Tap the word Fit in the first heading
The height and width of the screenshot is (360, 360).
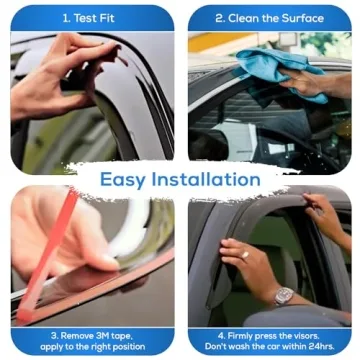click(110, 17)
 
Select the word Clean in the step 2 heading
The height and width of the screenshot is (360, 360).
click(243, 17)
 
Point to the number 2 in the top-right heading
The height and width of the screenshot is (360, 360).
click(219, 17)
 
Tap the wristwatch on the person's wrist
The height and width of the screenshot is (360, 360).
click(283, 296)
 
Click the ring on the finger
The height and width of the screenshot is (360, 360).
click(243, 254)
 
